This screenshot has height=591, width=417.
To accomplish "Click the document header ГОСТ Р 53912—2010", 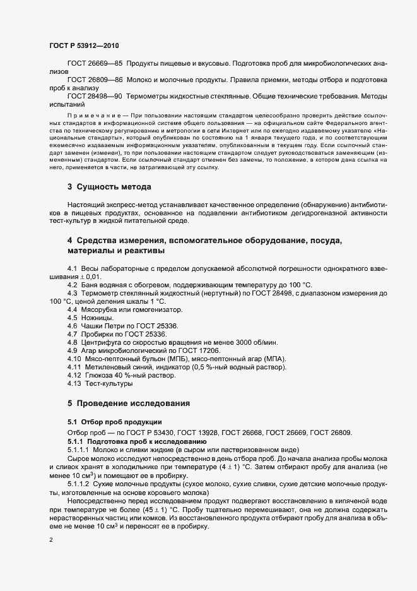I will [83, 46].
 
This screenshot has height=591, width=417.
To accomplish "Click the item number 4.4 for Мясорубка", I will [73, 309].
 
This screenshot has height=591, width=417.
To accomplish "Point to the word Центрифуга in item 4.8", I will [102, 342].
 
